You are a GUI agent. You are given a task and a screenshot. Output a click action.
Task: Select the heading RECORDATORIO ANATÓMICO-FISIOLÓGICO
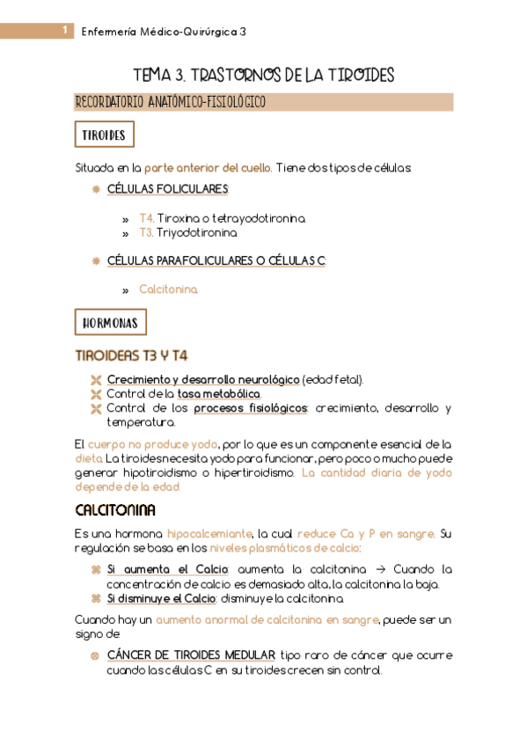pos(171,103)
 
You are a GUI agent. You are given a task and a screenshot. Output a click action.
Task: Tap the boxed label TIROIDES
pos(104,135)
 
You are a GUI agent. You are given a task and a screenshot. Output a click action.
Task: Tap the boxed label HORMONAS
pos(110,323)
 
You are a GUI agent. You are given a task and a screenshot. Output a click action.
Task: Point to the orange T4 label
pos(147,218)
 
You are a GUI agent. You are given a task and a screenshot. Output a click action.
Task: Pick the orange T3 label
pos(147,233)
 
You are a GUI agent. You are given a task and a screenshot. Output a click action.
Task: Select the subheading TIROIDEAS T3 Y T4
pos(132,355)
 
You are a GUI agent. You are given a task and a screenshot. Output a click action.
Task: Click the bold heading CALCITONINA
pos(115,510)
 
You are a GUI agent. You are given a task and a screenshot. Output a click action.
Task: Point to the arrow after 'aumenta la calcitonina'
pos(375,569)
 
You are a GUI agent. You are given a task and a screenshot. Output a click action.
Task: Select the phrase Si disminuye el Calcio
pos(161,598)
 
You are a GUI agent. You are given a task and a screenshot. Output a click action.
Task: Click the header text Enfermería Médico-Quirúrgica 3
pos(164,32)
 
